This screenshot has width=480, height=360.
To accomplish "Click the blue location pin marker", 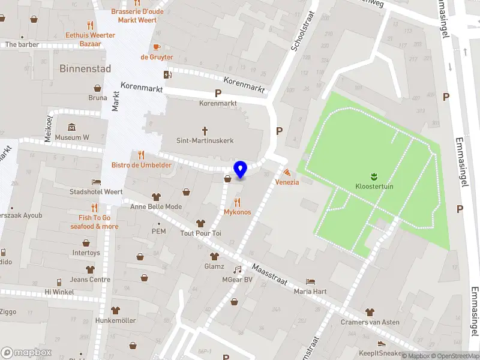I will [241, 170].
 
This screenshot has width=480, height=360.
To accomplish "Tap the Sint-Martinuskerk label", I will [205, 140].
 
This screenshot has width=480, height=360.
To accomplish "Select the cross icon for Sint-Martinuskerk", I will [205, 130].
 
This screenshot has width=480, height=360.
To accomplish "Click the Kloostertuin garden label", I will [374, 186].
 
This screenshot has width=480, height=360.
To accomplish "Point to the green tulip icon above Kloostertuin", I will [374, 176].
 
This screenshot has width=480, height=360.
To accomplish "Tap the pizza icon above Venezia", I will [287, 172].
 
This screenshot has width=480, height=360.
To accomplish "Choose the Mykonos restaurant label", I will [237, 212].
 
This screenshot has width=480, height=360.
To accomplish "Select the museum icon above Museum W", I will [71, 127].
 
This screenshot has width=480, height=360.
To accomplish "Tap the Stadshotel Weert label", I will [96, 192].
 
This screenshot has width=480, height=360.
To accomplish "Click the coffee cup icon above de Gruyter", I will [157, 47].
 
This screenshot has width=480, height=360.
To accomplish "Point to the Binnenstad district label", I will [85, 69].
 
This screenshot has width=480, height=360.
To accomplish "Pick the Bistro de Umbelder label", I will [141, 165].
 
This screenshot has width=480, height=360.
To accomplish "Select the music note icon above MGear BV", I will [237, 269].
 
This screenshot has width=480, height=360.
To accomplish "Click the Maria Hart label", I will [310, 292].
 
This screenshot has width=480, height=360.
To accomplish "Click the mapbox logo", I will [26, 353].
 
